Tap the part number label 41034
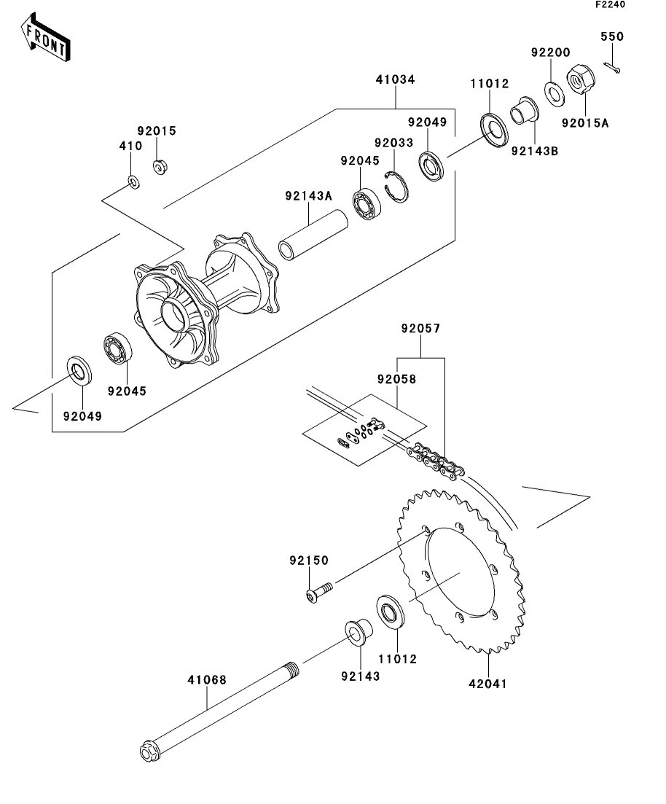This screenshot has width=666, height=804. coord(396,79)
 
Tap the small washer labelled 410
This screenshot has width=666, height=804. coord(133,181)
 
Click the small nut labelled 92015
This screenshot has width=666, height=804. coord(158,167)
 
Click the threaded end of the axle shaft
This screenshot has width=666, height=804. coord(291,669)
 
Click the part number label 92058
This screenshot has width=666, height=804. coord(396,380)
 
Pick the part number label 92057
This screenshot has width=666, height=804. coord(420,329)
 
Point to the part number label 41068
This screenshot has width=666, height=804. coord(207,680)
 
